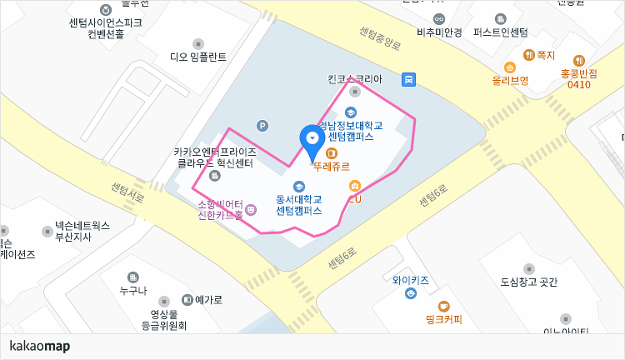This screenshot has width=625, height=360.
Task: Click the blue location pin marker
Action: coord(312,139)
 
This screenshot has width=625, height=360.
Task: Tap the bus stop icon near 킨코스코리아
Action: coord(408,80)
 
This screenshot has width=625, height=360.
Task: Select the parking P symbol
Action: coord(262,126)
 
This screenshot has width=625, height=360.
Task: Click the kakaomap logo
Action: coord(39,346)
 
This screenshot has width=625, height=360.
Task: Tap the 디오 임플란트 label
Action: coord(198,57)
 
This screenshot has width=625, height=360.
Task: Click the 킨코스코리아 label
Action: coord(355,80)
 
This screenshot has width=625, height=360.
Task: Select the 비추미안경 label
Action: coord(439,33)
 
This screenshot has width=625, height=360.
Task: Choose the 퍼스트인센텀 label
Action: coord(500,33)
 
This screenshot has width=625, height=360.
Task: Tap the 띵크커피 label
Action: coord(443,318)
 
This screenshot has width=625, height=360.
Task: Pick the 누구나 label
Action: coord(132,290)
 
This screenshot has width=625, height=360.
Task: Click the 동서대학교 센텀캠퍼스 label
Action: coord(298,205)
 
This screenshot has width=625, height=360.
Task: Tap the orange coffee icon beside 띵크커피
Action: coord(443,306)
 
